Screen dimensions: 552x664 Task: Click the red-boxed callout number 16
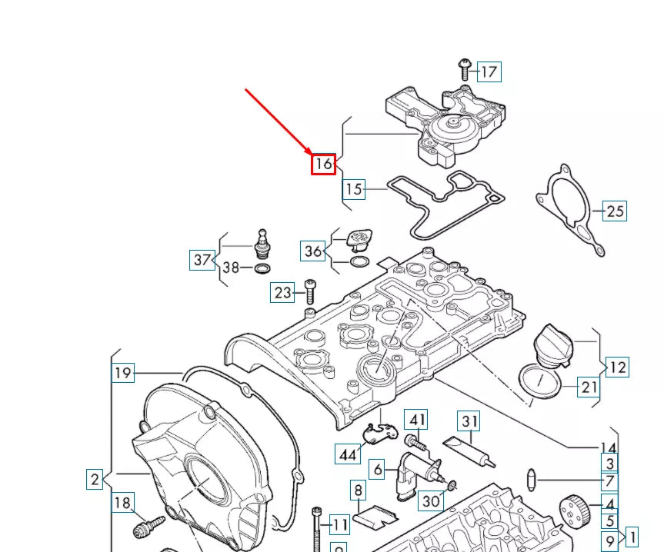point(323,163)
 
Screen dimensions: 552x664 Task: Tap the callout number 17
point(489,72)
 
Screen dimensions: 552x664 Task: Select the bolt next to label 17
point(465,68)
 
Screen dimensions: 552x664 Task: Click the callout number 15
point(353,188)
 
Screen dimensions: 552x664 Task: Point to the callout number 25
point(615,210)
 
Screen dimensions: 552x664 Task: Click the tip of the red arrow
point(310,154)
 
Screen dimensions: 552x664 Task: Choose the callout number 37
point(202,260)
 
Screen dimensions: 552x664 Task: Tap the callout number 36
point(312,251)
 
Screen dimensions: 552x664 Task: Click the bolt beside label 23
point(310,291)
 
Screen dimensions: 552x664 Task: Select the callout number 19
point(123,374)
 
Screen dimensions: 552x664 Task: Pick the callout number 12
point(617,367)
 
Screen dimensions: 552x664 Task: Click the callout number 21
point(589,387)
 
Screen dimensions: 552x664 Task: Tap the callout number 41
point(416,420)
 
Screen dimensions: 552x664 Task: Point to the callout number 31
point(469,421)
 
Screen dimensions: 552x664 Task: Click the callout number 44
point(348,454)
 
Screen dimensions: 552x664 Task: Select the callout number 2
point(95,480)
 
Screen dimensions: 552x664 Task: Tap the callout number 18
point(122,503)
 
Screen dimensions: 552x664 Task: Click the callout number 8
point(358,489)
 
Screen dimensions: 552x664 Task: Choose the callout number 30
point(431,500)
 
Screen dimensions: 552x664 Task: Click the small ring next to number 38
point(262,268)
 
